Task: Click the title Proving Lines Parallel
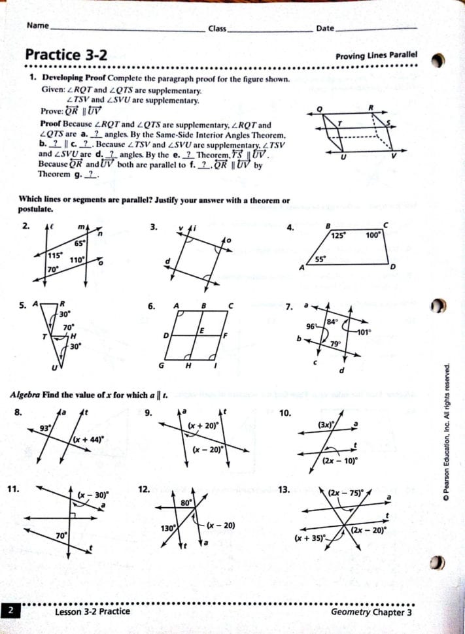click(x=376, y=56)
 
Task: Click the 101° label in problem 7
click(x=364, y=332)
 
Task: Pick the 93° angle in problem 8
click(x=45, y=428)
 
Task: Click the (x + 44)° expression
click(x=88, y=439)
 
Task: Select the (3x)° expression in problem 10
click(x=326, y=424)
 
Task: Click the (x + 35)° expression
click(x=308, y=538)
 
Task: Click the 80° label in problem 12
click(x=186, y=503)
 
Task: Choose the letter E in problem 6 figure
click(x=203, y=331)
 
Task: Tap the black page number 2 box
click(x=11, y=612)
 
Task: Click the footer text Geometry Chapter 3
click(x=371, y=612)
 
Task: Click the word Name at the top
click(x=38, y=26)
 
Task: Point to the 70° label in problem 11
click(x=61, y=536)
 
